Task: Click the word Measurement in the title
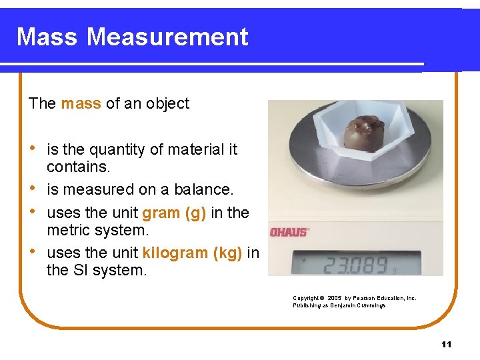[x=167, y=37]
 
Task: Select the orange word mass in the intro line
[x=81, y=103]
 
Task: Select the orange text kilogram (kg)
[x=192, y=253]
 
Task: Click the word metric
[x=68, y=229]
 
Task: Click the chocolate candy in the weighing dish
[x=364, y=132]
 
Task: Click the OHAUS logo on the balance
[x=289, y=232]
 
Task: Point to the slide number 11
[x=446, y=344]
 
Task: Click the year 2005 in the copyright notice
[x=335, y=298]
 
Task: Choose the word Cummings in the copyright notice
[x=371, y=305]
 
